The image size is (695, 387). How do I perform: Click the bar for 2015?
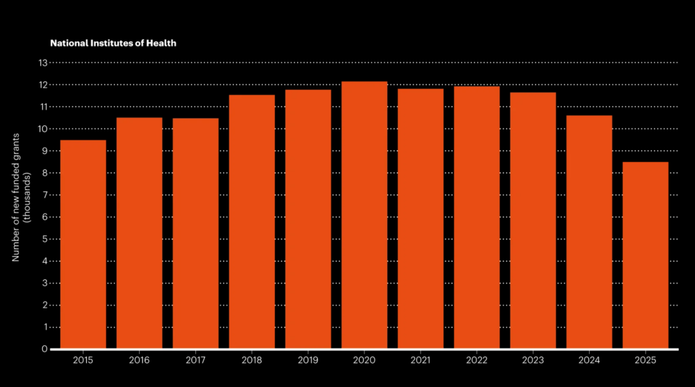point(83,244)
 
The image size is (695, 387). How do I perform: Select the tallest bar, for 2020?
point(364,215)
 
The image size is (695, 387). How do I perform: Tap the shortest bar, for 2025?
point(645,255)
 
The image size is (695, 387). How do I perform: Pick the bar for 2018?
point(252,222)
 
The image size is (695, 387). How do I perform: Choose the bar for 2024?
point(589,232)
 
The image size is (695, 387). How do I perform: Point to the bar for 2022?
point(476,217)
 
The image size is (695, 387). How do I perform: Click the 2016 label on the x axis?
point(139,360)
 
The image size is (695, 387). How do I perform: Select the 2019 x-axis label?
point(308,360)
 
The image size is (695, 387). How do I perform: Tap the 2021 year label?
point(421,360)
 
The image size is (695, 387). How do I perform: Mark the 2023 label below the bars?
point(533,360)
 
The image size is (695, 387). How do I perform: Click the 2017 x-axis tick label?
point(195,360)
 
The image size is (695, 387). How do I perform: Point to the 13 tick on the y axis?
point(43,63)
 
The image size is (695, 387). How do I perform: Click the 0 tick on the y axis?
point(45,349)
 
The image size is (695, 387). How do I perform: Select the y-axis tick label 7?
point(45,195)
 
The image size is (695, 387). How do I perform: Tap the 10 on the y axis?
point(43,129)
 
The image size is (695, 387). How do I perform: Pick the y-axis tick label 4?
point(45,261)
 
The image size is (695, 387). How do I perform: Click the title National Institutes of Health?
point(113,43)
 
